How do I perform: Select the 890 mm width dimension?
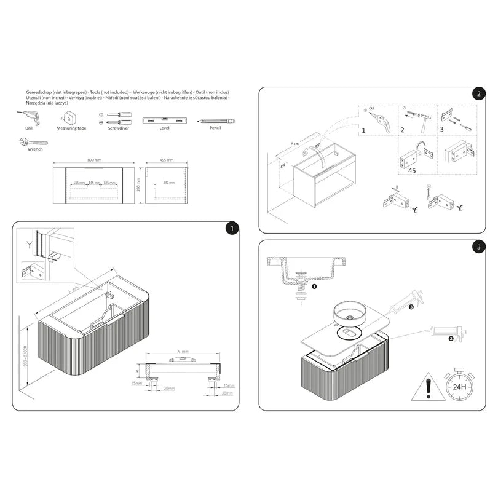pyautogui.click(x=94, y=160)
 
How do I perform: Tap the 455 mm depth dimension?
pyautogui.click(x=166, y=160)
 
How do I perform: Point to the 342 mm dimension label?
pyautogui.click(x=168, y=183)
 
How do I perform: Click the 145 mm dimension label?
pyautogui.click(x=94, y=183)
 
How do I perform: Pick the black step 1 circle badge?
pyautogui.click(x=231, y=228)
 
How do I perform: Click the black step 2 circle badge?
pyautogui.click(x=478, y=94)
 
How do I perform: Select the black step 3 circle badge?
pyautogui.click(x=478, y=247)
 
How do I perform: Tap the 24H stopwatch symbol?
pyautogui.click(x=458, y=386)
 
